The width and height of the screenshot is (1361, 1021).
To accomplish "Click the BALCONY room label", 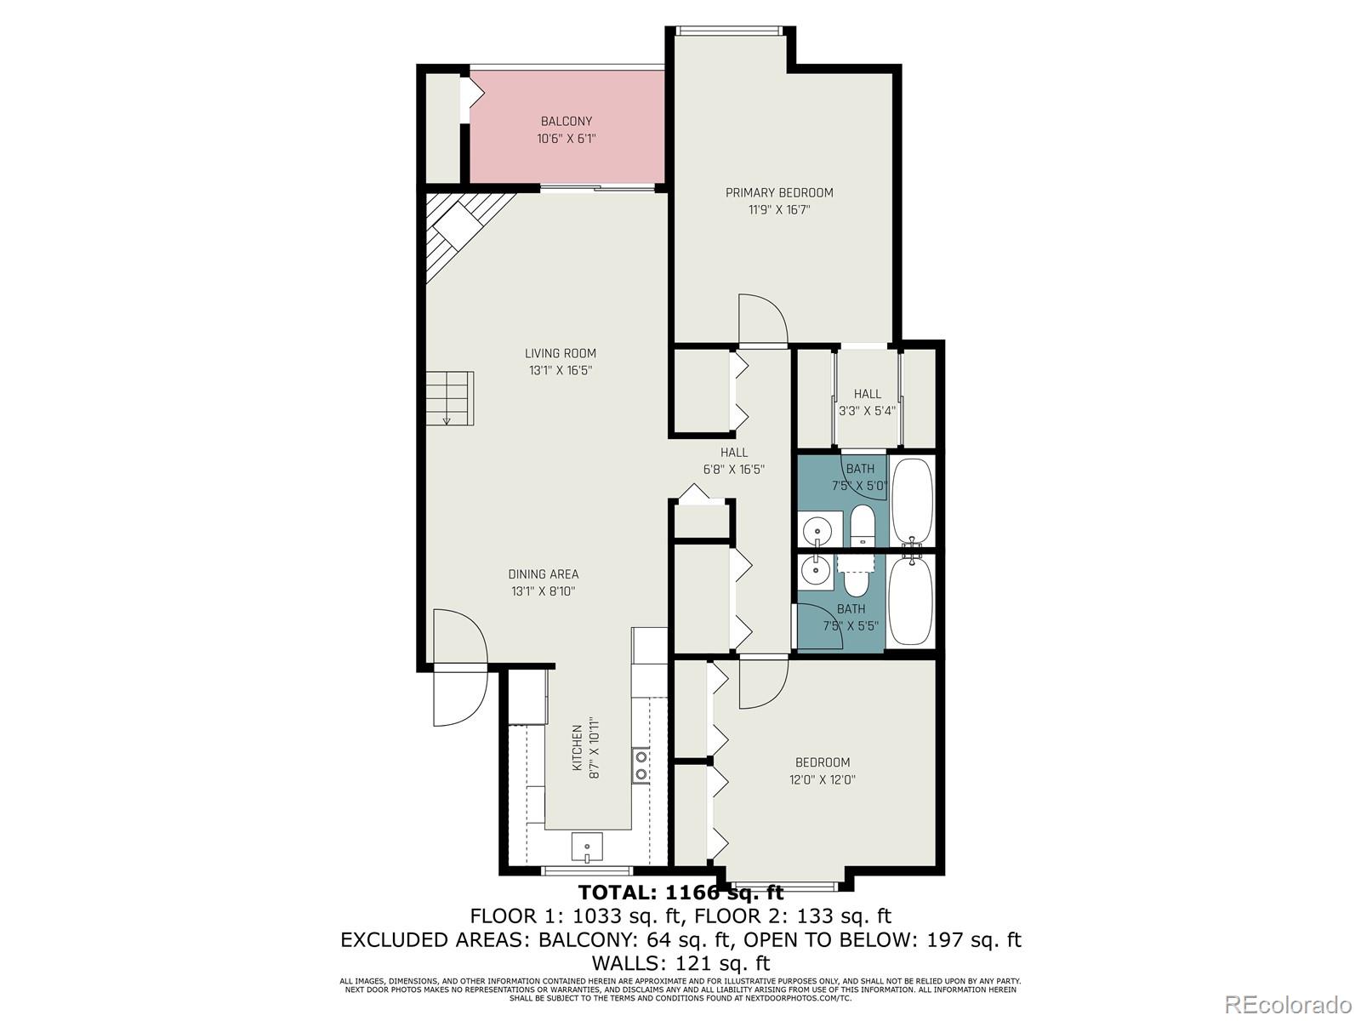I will tap(566, 121).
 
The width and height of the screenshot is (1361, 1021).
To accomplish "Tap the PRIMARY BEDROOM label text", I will tap(779, 192).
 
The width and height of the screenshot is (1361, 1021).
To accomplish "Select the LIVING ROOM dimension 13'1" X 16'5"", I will tap(560, 370).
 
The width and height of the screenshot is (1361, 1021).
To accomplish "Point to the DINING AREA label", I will tap(544, 574).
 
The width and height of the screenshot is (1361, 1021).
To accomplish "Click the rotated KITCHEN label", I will tap(577, 748).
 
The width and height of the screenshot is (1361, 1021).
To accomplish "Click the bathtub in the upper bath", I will tap(912, 502).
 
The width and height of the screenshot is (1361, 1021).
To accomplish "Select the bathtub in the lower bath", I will tap(911, 601).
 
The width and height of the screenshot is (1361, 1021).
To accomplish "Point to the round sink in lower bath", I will tap(817, 570).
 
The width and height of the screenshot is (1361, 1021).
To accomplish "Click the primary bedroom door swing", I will tap(761, 319).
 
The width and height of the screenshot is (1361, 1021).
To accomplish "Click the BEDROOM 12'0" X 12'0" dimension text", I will tap(823, 779).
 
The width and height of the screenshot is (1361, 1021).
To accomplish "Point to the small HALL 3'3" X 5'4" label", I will tap(868, 402).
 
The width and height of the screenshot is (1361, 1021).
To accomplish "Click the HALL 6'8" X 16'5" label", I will tap(733, 460).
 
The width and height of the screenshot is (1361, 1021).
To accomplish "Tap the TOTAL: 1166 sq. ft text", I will tap(680, 893).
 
